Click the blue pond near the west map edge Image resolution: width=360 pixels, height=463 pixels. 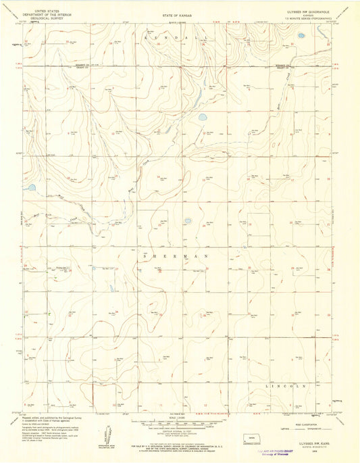(x=31, y=189)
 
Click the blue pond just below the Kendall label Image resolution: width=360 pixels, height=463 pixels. (x=202, y=118)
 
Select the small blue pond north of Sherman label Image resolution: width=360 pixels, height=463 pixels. (x=188, y=220)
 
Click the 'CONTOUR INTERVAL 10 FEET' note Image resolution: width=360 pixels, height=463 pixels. (x=180, y=430)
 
